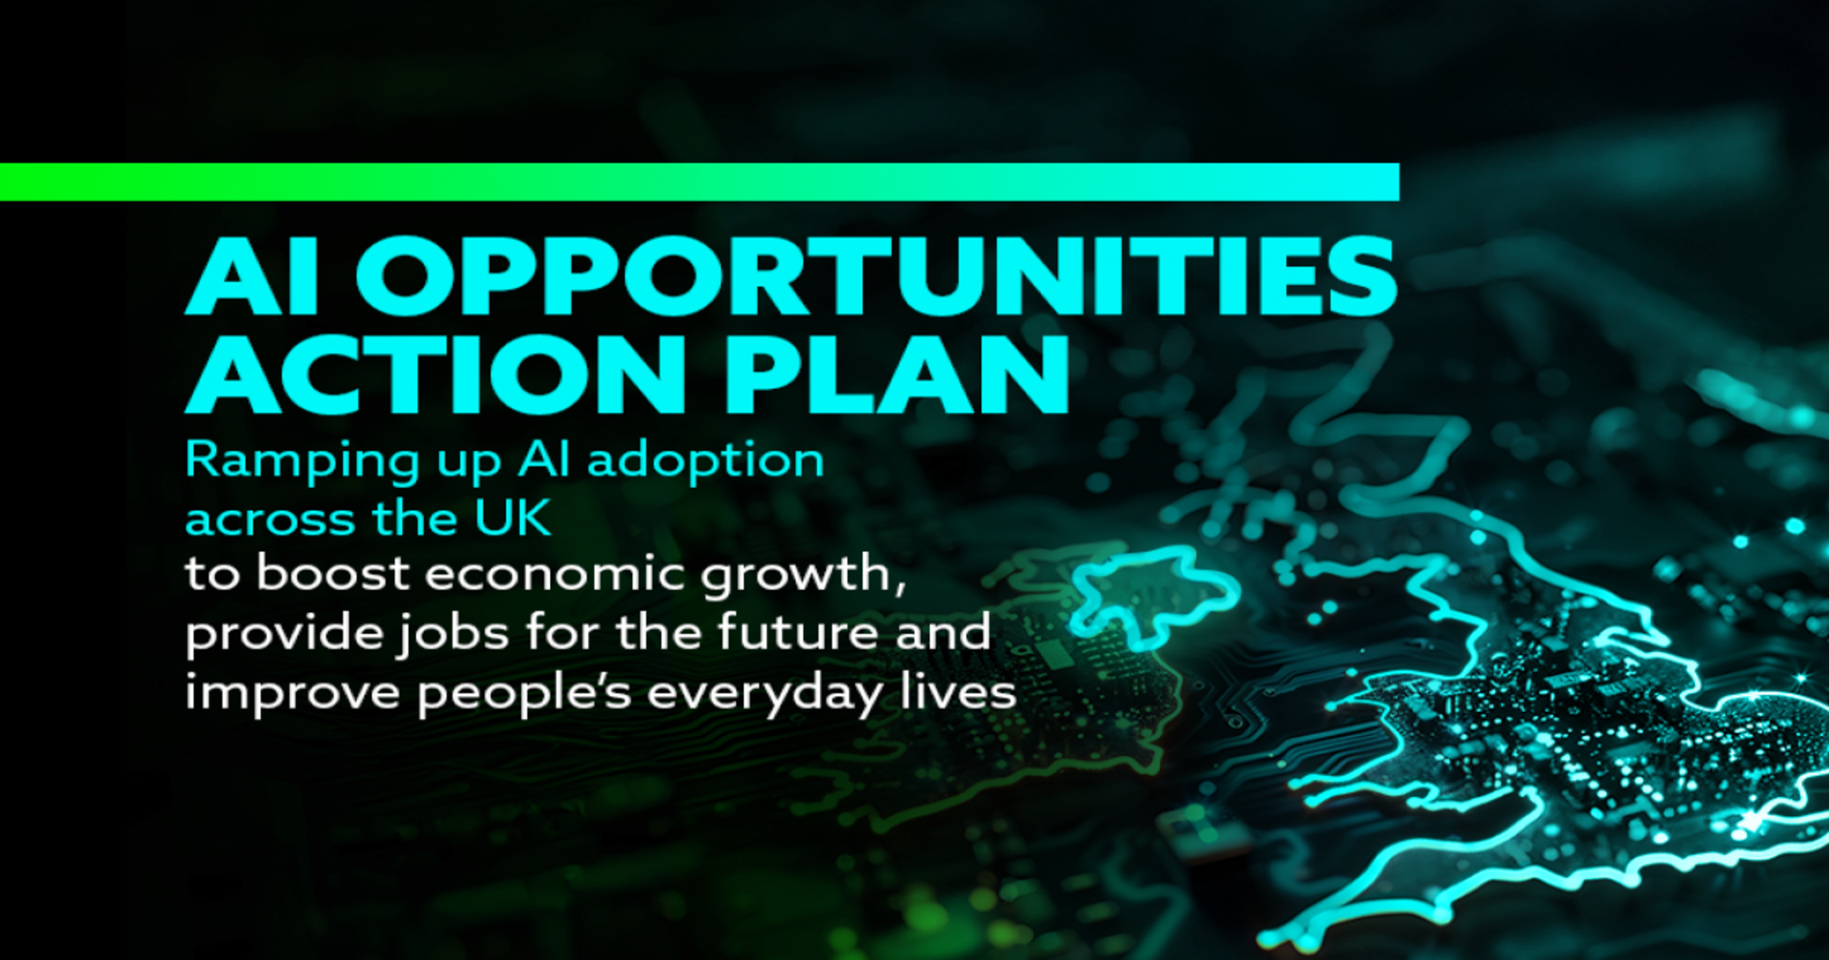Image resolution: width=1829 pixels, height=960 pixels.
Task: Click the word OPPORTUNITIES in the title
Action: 875,275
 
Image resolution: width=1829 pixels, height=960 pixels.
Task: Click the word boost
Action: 334,574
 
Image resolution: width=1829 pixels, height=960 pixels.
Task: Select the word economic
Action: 555,575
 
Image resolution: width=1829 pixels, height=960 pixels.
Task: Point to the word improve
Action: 293,694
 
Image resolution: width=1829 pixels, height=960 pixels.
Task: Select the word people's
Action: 525,694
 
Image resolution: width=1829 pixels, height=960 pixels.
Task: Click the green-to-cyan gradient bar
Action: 699,182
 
